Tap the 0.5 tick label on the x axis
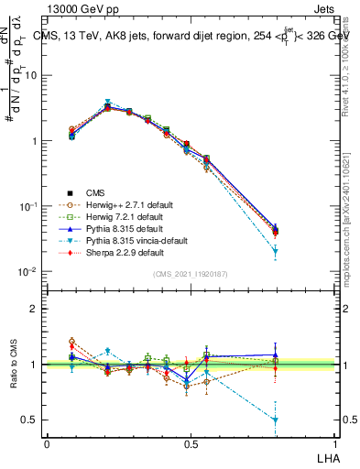tap(191, 442)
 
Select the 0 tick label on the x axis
tap(47, 442)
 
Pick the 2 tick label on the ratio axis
tap(35, 309)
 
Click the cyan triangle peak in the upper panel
tap(108, 103)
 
